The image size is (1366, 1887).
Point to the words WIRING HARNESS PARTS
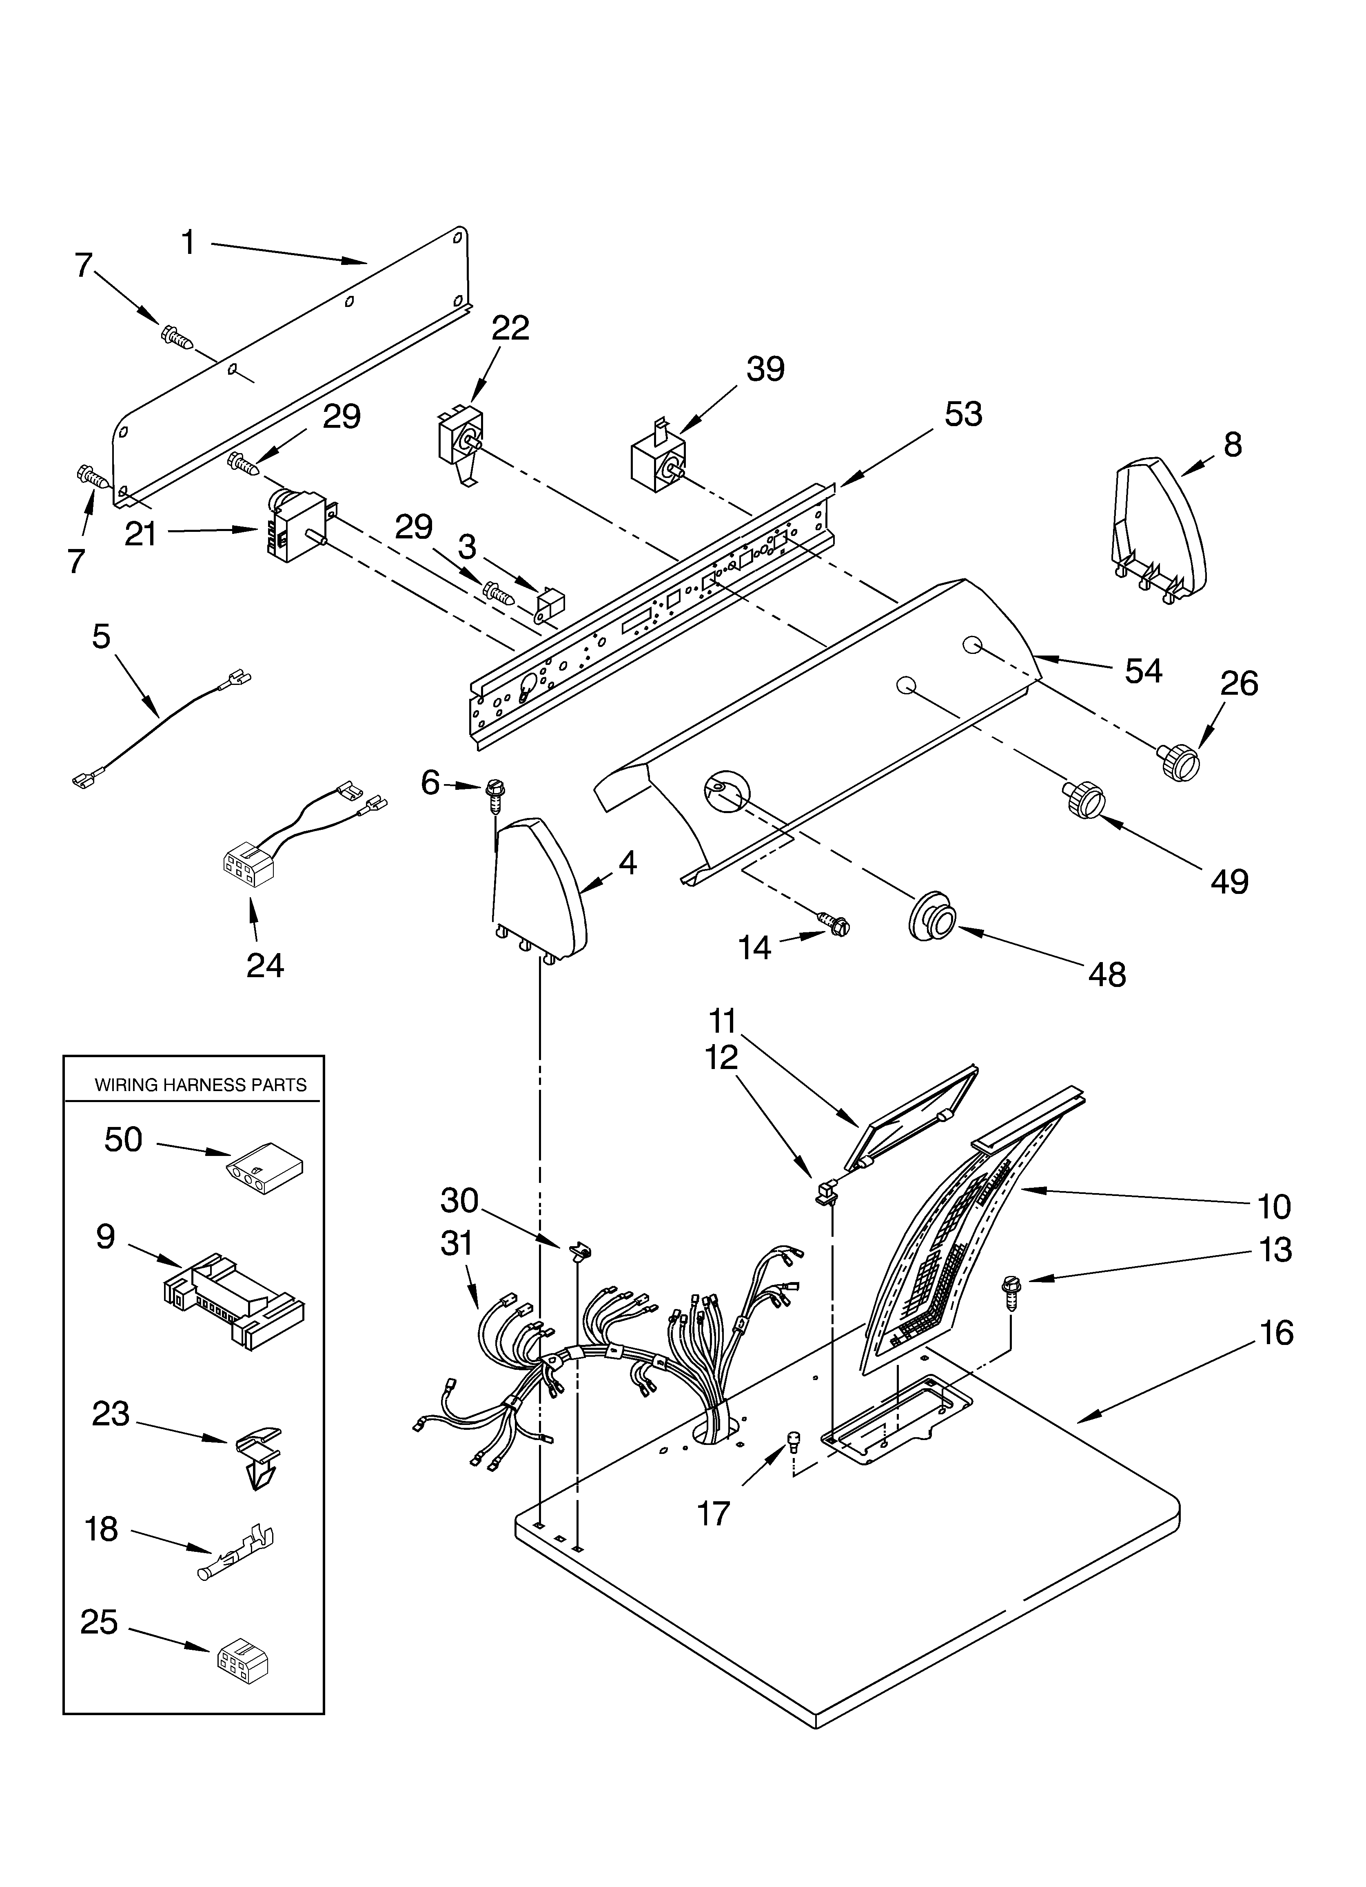[200, 1085]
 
